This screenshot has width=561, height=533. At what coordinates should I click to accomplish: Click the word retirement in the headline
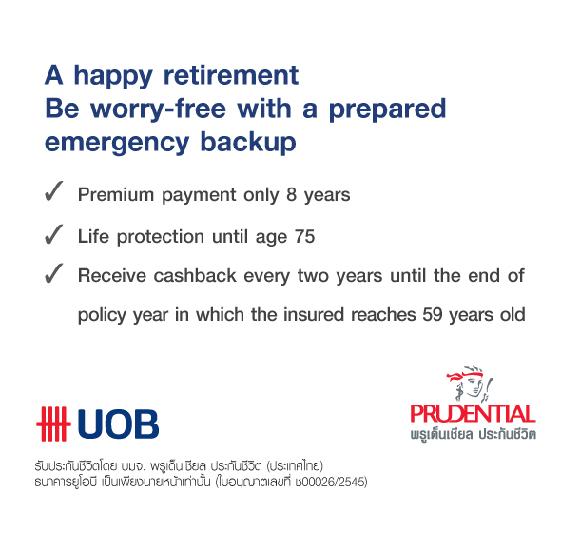(x=231, y=75)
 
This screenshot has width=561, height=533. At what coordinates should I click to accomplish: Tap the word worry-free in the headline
(x=158, y=109)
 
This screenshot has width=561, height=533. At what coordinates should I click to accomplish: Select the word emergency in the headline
(x=117, y=143)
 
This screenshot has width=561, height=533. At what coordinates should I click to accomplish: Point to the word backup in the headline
(x=248, y=142)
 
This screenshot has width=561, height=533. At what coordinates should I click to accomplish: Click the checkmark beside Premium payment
(x=53, y=191)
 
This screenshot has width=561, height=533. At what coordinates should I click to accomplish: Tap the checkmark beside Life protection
(x=53, y=234)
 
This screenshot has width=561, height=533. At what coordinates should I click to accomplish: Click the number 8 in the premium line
(x=291, y=194)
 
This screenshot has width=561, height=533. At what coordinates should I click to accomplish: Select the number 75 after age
(x=305, y=236)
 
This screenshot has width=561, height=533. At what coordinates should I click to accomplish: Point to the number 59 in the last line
(x=433, y=314)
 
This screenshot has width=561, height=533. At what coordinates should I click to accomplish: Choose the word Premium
(x=116, y=194)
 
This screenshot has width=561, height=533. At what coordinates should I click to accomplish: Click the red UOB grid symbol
(x=53, y=424)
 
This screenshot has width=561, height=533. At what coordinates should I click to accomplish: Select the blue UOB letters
(x=118, y=424)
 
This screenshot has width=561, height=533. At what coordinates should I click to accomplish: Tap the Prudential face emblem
(x=470, y=384)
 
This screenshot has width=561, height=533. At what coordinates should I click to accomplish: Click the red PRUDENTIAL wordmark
(x=473, y=414)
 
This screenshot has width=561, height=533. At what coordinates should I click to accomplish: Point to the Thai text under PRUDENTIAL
(x=473, y=434)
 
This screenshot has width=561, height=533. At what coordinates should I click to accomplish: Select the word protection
(x=161, y=237)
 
